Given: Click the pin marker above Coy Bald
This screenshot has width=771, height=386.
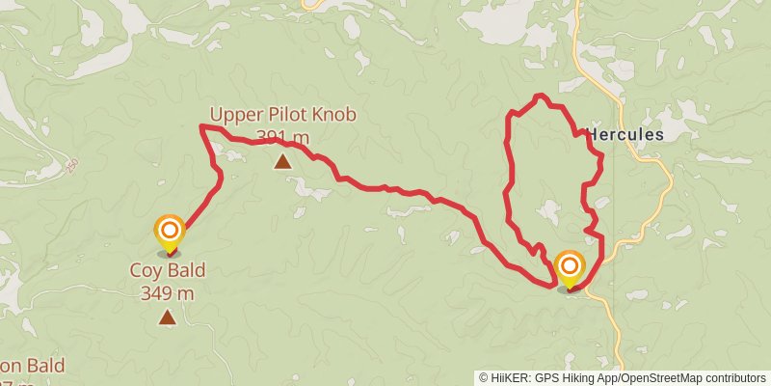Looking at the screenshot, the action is tap(170, 232).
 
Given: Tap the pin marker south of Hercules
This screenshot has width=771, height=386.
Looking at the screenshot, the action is tap(570, 267).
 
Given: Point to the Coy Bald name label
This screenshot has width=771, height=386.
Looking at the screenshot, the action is tap(168, 270).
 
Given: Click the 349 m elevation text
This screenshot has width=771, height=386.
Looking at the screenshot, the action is tap(168, 292).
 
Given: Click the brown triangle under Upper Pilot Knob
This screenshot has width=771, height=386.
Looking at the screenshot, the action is tap(282, 161).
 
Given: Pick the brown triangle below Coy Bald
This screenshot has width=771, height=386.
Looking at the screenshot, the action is tap(168, 317).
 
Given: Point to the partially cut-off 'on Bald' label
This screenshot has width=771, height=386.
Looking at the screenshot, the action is tap(33, 366).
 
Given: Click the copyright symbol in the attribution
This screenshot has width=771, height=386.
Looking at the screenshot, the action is tap(484, 377).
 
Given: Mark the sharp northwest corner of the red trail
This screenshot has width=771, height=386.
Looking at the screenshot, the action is tap(201, 126).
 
